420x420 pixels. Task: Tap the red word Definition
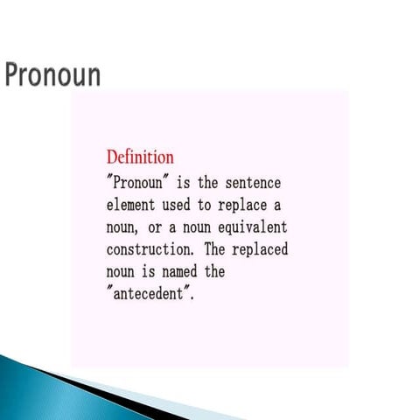(140, 157)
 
